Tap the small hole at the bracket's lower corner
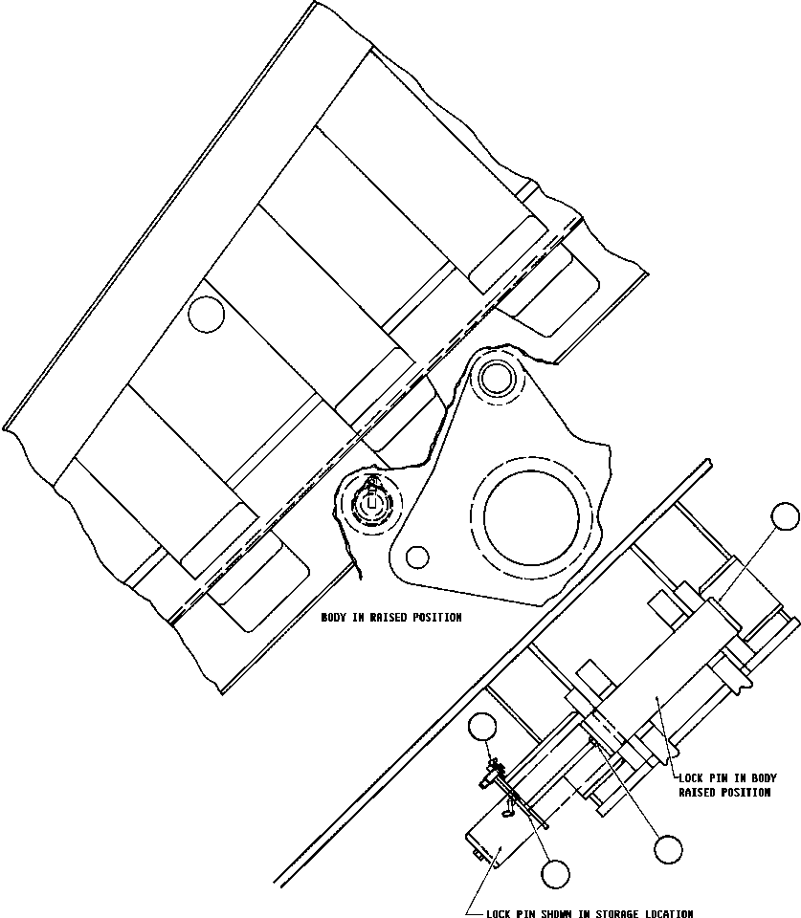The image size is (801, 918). tap(417, 556)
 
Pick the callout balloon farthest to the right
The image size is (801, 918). tap(785, 517)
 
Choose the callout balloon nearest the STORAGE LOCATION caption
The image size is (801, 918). tap(554, 872)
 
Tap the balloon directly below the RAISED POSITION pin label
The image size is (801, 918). tap(668, 847)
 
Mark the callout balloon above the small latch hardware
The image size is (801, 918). tap(483, 728)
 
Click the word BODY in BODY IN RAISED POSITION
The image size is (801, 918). tap(333, 618)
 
